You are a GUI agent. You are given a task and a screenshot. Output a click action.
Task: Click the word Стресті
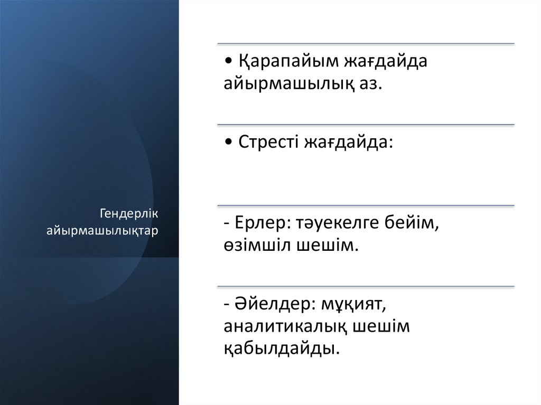(x=268, y=142)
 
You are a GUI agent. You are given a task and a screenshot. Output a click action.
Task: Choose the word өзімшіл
(x=255, y=246)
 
